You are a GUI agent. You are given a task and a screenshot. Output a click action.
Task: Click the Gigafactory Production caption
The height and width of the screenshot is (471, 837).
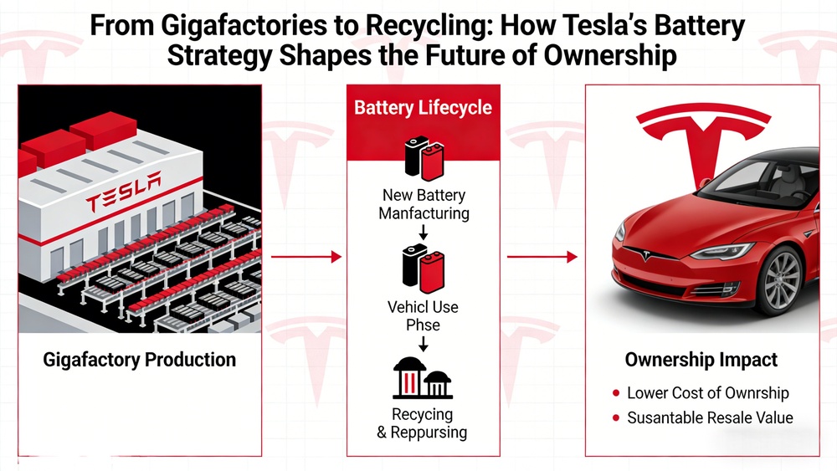click(139, 361)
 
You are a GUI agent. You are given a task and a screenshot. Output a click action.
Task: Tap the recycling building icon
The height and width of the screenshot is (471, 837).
click(423, 380)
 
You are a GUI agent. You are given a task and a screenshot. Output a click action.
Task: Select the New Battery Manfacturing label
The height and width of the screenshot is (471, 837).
click(423, 204)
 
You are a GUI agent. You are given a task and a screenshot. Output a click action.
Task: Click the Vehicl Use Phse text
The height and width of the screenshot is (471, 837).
click(423, 316)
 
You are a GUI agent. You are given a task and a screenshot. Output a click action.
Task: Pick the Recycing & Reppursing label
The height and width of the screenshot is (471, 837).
click(423, 423)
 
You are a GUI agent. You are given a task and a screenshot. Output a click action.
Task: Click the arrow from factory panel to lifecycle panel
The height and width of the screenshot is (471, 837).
click(307, 257)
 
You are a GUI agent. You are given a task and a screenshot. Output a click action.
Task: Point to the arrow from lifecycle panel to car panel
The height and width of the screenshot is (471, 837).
click(542, 257)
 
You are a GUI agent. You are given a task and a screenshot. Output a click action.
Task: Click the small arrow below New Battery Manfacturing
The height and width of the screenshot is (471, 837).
click(424, 231)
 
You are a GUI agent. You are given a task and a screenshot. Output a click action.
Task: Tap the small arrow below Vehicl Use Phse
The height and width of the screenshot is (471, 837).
click(424, 343)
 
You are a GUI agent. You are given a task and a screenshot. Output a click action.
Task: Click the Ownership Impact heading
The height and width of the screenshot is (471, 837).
click(701, 361)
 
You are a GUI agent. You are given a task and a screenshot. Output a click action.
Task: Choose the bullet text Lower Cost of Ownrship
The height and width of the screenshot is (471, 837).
click(708, 393)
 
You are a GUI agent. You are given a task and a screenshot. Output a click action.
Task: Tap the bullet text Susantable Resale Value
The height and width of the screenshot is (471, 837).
click(710, 417)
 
